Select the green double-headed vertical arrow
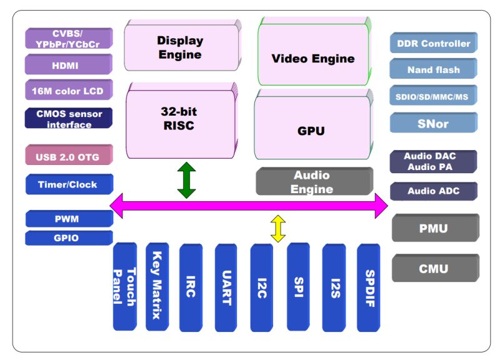(x=186, y=180)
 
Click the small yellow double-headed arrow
(x=278, y=229)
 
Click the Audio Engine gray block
(x=312, y=182)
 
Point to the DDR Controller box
(x=433, y=44)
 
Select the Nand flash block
(x=433, y=70)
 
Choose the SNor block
(x=433, y=123)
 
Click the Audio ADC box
(x=433, y=191)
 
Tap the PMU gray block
(x=433, y=228)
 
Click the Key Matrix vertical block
(x=157, y=286)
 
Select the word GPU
(x=311, y=131)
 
